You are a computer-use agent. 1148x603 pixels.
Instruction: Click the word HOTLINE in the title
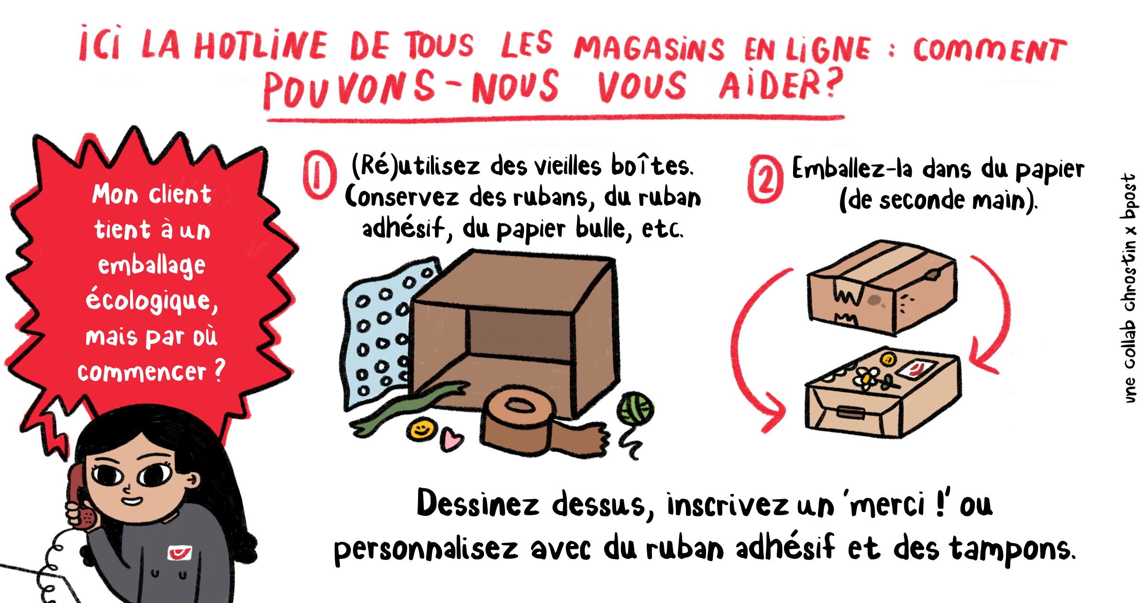(261, 46)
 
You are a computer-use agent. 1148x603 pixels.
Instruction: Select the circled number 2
(765, 179)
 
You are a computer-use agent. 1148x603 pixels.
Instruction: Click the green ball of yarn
(635, 409)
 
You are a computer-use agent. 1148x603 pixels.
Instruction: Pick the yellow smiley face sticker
(422, 429)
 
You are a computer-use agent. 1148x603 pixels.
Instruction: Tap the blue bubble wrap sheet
(378, 330)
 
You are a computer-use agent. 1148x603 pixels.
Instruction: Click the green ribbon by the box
(407, 407)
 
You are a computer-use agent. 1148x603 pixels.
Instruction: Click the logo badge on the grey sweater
(179, 553)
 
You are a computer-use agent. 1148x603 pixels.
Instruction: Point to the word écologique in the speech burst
(152, 301)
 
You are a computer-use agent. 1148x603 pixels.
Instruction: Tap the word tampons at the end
(1012, 549)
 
